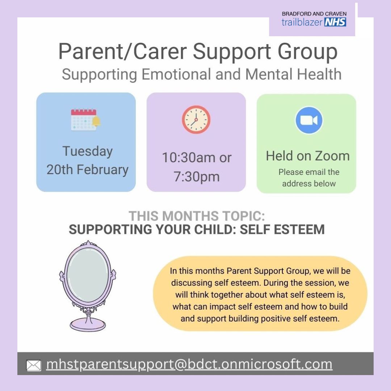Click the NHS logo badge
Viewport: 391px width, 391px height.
pyautogui.click(x=335, y=22)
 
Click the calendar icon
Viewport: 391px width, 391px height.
pyautogui.click(x=84, y=119)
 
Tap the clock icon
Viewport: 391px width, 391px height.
pyautogui.click(x=196, y=120)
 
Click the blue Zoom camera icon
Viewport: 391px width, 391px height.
pyautogui.click(x=309, y=120)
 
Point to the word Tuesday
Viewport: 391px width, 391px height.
pyautogui.click(x=87, y=151)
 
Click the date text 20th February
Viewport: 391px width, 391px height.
pyautogui.click(x=87, y=170)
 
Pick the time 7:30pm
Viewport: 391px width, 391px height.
pyautogui.click(x=196, y=177)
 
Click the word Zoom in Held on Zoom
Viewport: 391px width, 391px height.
pyautogui.click(x=332, y=156)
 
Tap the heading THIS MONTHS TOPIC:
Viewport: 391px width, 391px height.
pyautogui.click(x=197, y=216)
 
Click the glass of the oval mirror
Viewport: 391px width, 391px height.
pyautogui.click(x=88, y=274)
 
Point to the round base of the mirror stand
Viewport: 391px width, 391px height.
pyautogui.click(x=88, y=324)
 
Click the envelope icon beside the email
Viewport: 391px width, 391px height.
pyautogui.click(x=34, y=365)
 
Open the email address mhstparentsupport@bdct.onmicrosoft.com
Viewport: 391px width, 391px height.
pyautogui.click(x=189, y=364)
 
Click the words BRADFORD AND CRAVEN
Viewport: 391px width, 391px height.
pyautogui.click(x=314, y=14)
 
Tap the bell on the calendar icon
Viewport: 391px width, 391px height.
pyautogui.click(x=96, y=122)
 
